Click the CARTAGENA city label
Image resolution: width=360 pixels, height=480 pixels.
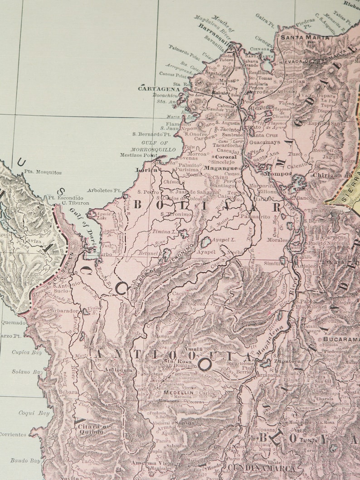156,89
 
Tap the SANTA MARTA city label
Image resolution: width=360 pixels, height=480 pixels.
298,38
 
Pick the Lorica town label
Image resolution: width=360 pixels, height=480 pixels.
146,170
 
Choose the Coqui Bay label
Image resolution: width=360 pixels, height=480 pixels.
28,413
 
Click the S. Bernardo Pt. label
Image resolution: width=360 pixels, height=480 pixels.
151,134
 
